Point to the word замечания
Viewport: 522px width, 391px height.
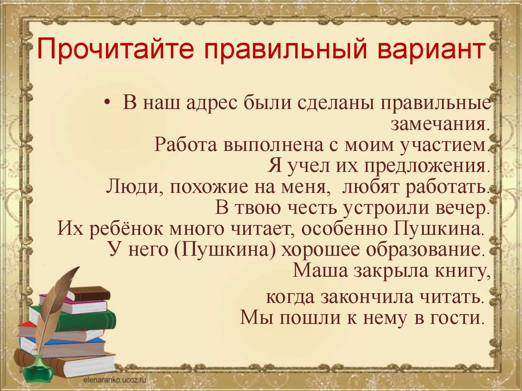tap(440, 125)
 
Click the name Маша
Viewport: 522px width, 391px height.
tap(318, 271)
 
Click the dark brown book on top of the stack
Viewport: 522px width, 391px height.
tap(90, 294)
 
